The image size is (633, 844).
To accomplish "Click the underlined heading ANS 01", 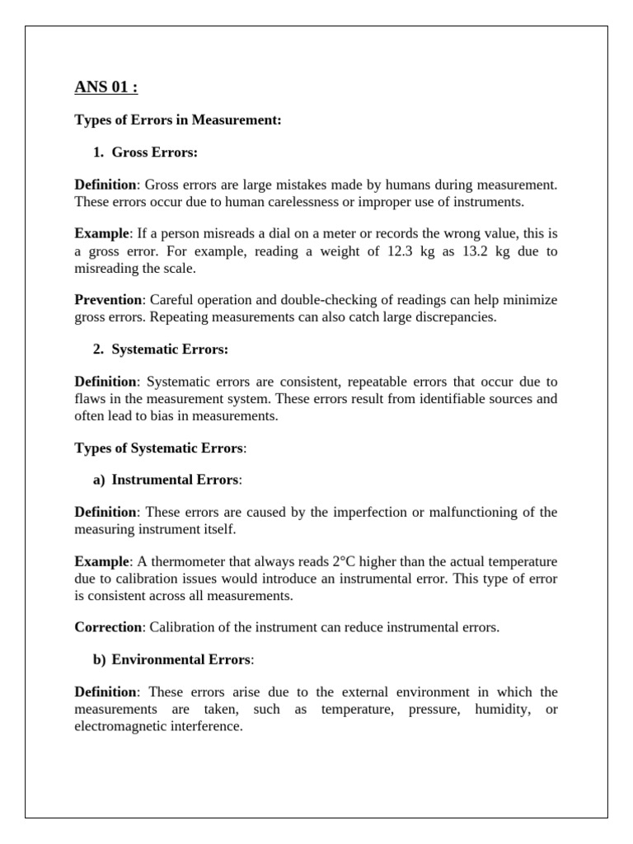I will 106,87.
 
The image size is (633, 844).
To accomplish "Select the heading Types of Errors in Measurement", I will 178,120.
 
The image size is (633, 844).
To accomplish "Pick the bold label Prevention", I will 106,301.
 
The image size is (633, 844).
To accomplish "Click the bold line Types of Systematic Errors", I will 160,448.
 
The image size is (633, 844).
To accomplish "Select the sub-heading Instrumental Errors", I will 176,480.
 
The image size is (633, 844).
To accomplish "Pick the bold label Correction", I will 108,627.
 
